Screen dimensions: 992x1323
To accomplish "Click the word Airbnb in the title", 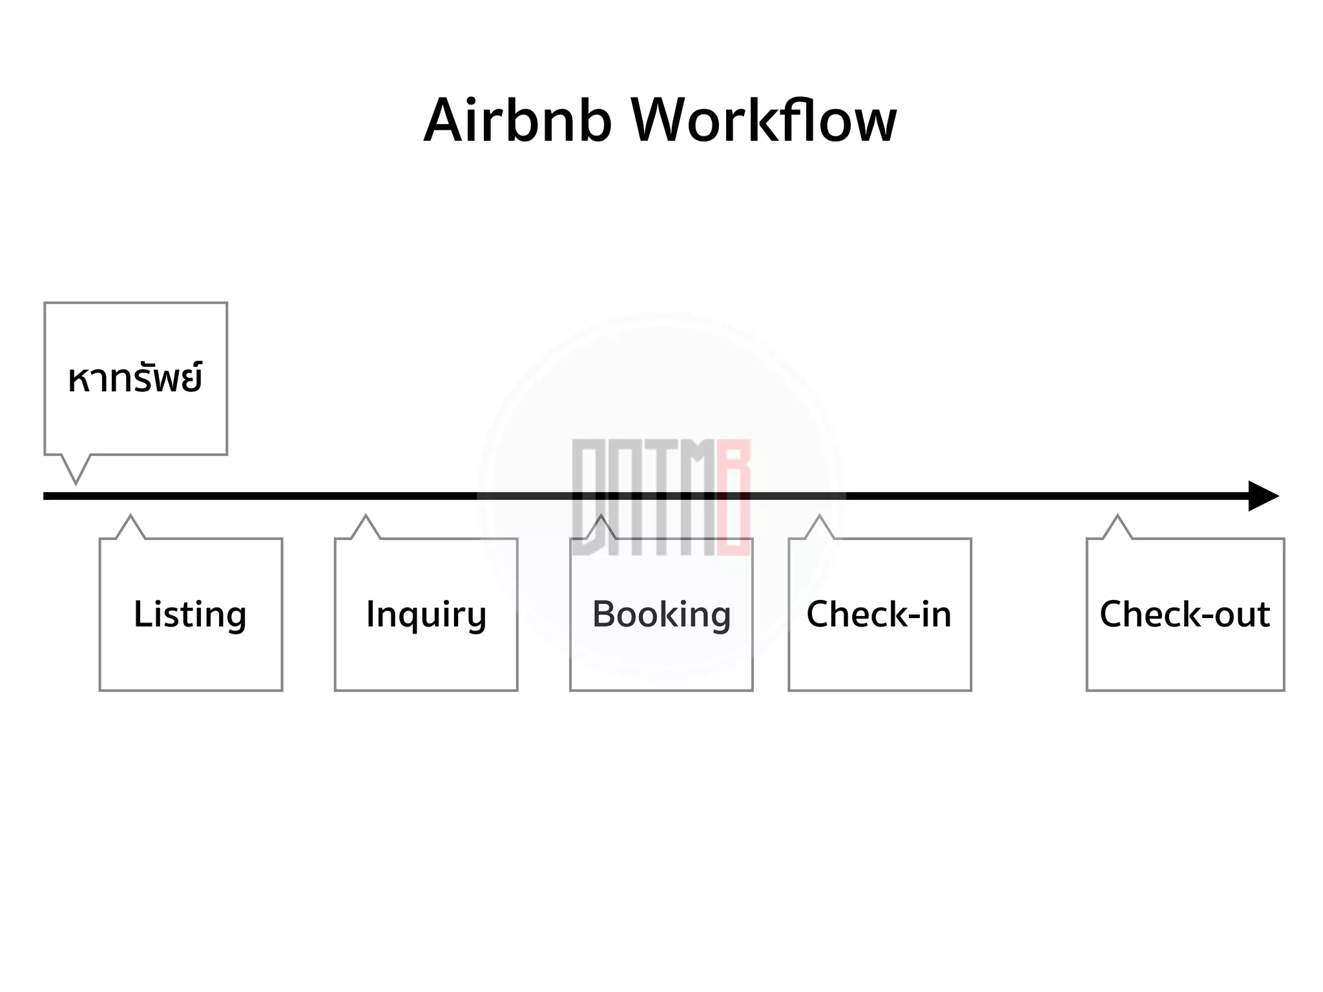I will tap(517, 121).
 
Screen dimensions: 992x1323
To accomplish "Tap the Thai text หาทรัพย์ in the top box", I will tap(135, 378).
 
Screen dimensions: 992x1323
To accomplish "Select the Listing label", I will tap(190, 614).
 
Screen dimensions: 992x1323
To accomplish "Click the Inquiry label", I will tap(426, 614).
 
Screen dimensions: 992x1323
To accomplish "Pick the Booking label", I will tap(661, 614).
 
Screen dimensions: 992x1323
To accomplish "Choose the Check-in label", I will tap(879, 614).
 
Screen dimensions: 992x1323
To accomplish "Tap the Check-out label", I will tap(1185, 614).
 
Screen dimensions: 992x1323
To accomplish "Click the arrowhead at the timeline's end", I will tap(1262, 496).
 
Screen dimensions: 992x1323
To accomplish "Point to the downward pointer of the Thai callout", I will tap(76, 470).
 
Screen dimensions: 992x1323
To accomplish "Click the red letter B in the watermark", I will tap(734, 497).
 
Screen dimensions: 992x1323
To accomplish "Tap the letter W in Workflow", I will tap(665, 121).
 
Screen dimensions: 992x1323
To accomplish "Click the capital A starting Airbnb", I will tap(445, 121).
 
